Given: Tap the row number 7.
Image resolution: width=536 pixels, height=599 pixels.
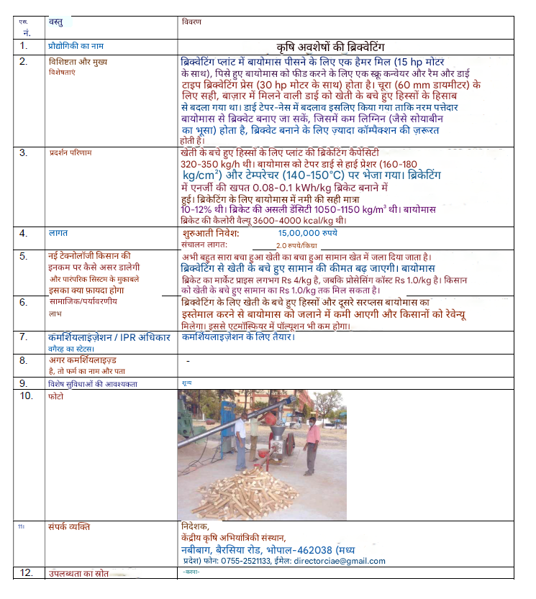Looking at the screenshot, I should [x=24, y=337].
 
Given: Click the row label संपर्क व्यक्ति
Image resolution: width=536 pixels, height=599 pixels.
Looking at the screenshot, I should [x=69, y=526].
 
